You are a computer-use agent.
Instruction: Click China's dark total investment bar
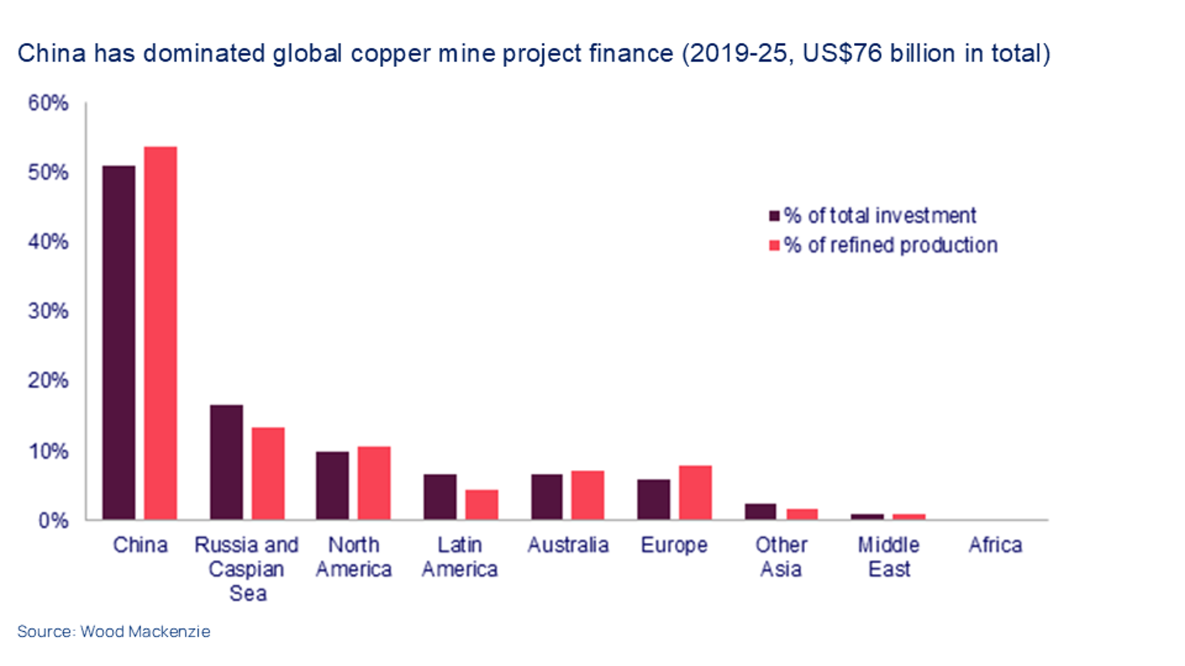pyautogui.click(x=118, y=342)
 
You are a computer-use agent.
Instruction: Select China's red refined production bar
pyautogui.click(x=161, y=333)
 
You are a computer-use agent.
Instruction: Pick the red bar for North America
pyautogui.click(x=374, y=483)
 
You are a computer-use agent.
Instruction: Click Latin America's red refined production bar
pyautogui.click(x=482, y=505)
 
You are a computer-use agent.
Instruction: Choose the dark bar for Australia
pyautogui.click(x=546, y=497)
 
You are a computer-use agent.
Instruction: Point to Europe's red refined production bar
pyautogui.click(x=695, y=492)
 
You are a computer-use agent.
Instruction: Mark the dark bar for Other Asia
pyautogui.click(x=760, y=512)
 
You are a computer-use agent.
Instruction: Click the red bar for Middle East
pyautogui.click(x=909, y=517)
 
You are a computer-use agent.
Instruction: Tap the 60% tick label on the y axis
pyautogui.click(x=48, y=103)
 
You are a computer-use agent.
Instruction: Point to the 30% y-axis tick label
pyautogui.click(x=48, y=311)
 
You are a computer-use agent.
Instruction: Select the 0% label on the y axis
pyautogui.click(x=53, y=521)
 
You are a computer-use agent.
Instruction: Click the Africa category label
pyautogui.click(x=995, y=545)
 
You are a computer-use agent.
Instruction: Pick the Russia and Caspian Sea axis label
pyautogui.click(x=246, y=569)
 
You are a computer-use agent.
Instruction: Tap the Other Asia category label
pyautogui.click(x=781, y=557)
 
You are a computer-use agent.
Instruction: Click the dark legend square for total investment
pyautogui.click(x=774, y=216)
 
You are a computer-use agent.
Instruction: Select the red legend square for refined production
pyautogui.click(x=774, y=245)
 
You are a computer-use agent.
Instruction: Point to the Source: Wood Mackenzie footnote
pyautogui.click(x=114, y=631)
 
